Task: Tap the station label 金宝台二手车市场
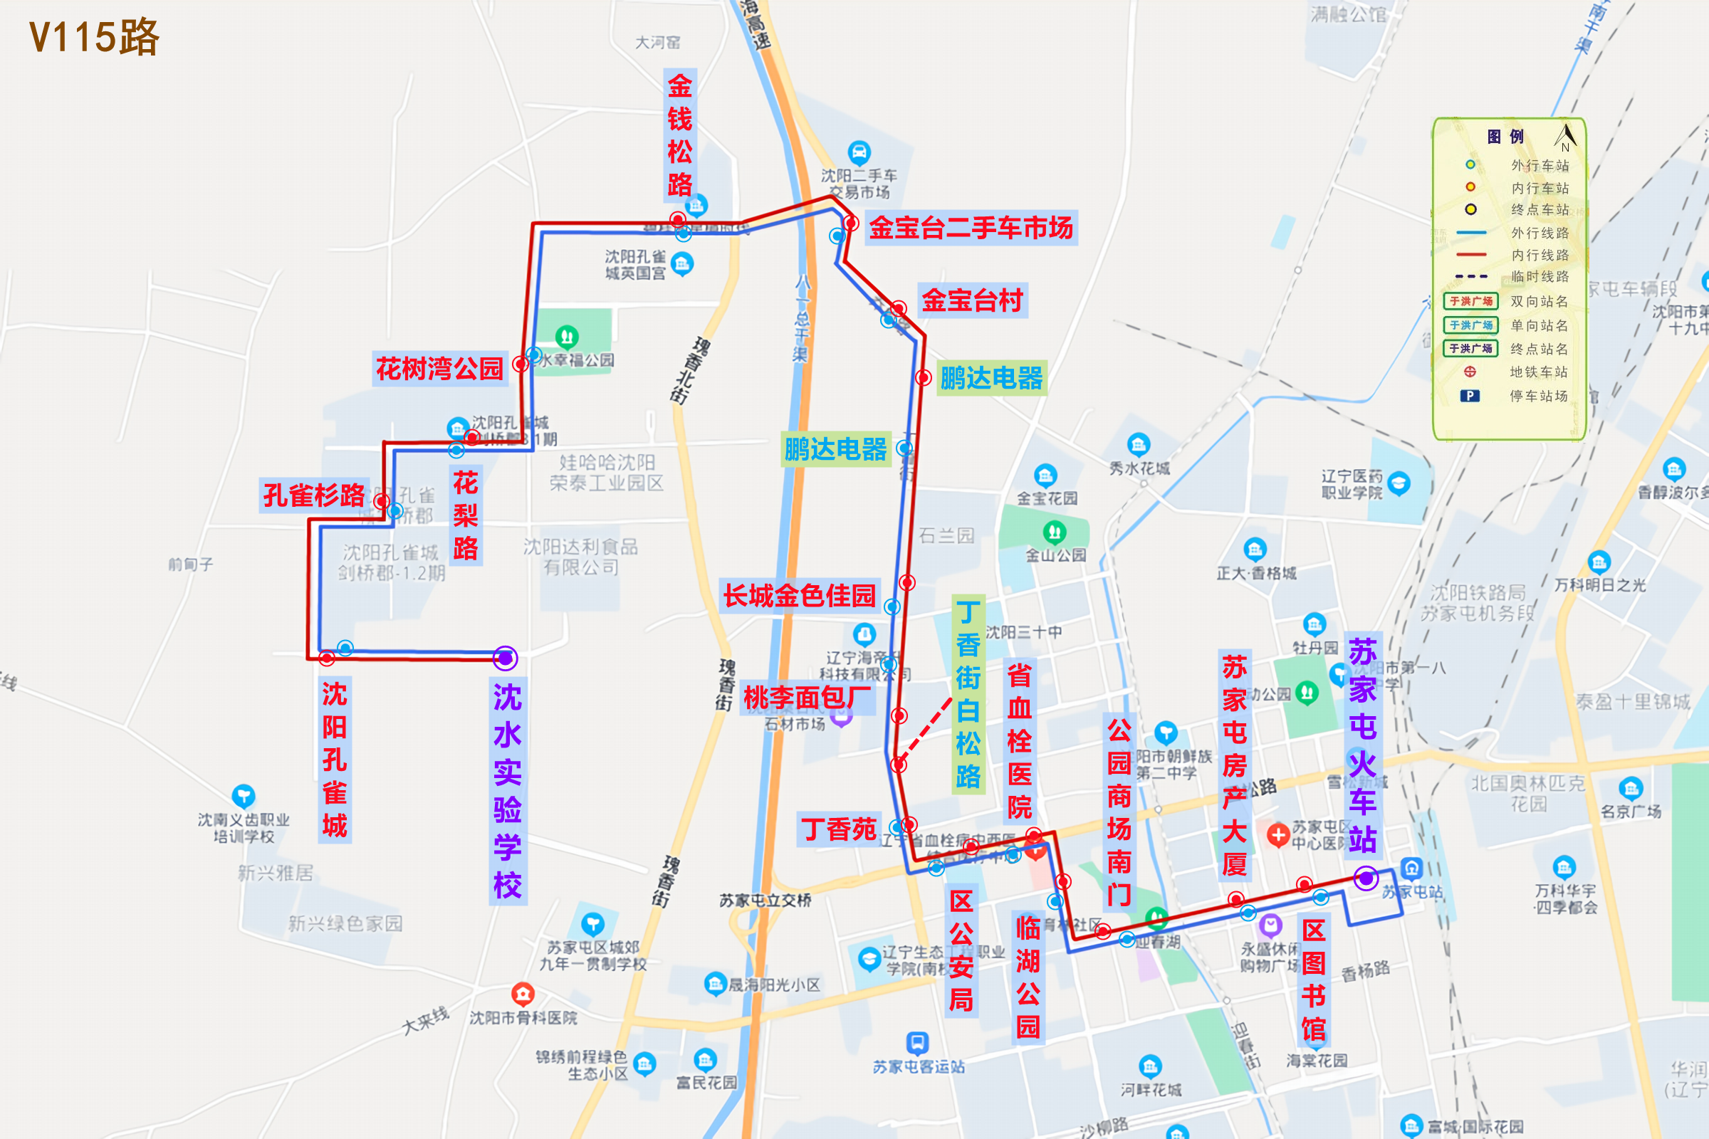[971, 228]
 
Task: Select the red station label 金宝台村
[972, 300]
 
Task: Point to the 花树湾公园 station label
[439, 369]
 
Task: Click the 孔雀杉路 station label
[314, 495]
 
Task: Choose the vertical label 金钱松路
[680, 135]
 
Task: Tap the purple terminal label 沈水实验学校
[507, 791]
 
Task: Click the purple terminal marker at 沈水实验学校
[505, 658]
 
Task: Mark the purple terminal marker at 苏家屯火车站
[1366, 879]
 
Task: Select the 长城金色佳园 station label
[799, 596]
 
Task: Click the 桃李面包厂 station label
[808, 698]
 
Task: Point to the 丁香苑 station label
[840, 829]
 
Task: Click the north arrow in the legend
[1565, 136]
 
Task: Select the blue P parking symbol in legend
[1470, 396]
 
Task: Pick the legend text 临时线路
[1540, 277]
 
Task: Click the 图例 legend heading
[1505, 137]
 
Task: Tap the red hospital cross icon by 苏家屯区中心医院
[1278, 834]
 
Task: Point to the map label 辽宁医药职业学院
[1352, 484]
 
